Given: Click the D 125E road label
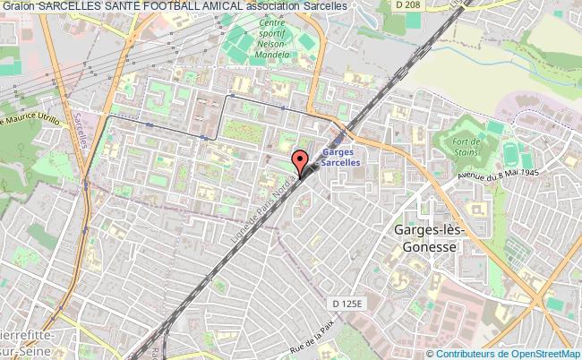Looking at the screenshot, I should (345, 304).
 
